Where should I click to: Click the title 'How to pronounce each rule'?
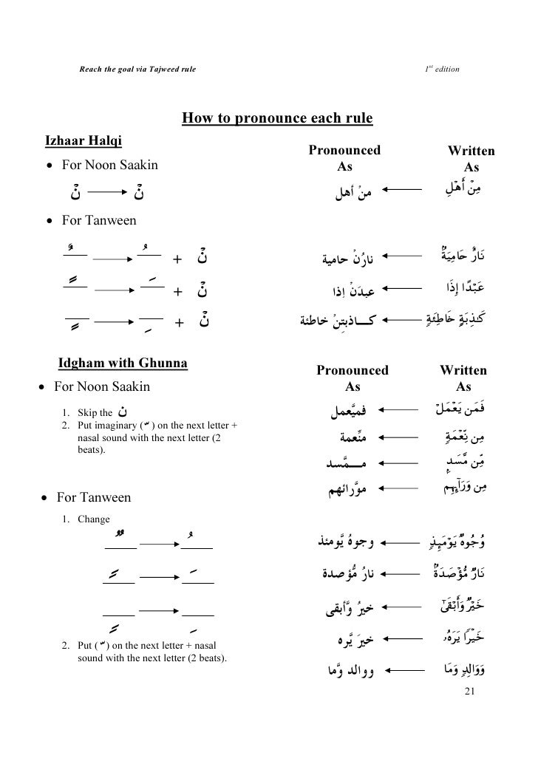tap(277, 118)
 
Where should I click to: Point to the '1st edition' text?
tap(441, 69)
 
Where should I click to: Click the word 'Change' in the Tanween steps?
tap(93, 518)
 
